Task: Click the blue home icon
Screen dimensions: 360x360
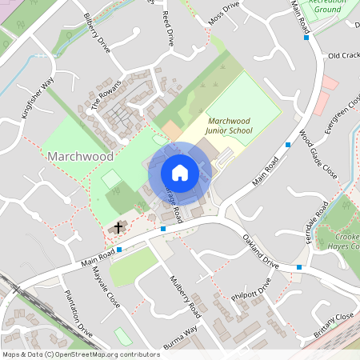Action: click(x=180, y=173)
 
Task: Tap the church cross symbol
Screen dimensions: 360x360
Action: click(x=118, y=228)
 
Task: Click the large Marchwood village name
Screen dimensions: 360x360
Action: click(x=80, y=155)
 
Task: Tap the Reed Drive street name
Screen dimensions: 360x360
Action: click(x=168, y=28)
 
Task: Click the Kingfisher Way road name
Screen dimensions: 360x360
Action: click(x=37, y=97)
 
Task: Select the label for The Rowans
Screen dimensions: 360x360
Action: click(x=105, y=98)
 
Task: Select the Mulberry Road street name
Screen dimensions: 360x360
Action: click(x=182, y=296)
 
